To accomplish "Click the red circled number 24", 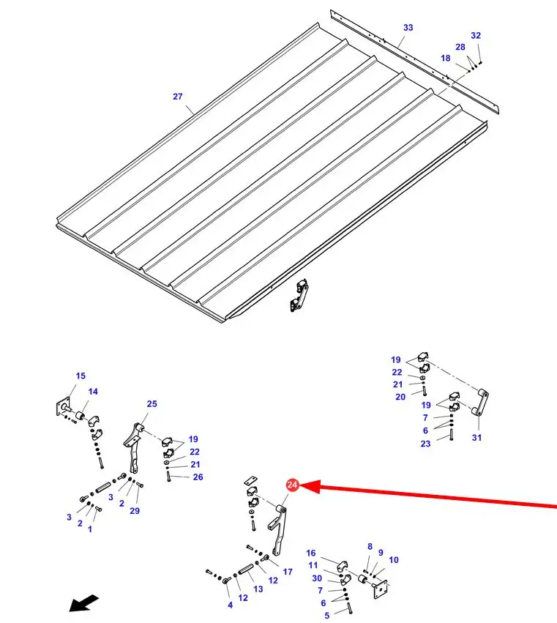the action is click(292, 485).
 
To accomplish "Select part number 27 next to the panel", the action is click(178, 97).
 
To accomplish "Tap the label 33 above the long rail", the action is click(408, 27).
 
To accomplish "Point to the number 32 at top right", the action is click(476, 35).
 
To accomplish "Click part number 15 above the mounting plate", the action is click(81, 376).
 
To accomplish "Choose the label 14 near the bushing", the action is click(93, 392).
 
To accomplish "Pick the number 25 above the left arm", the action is click(152, 403).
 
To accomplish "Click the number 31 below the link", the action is click(476, 438).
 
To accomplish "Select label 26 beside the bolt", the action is click(198, 477).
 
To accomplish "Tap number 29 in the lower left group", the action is click(135, 510).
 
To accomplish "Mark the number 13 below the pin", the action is click(258, 589).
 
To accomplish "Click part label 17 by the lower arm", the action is click(288, 572).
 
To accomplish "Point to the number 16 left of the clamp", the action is click(310, 553).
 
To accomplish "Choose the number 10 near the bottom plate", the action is click(393, 560).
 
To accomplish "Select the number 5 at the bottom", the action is click(326, 616).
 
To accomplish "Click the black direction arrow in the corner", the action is click(84, 603).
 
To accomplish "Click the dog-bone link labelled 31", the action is click(479, 403).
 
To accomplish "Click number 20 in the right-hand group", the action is click(400, 397).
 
